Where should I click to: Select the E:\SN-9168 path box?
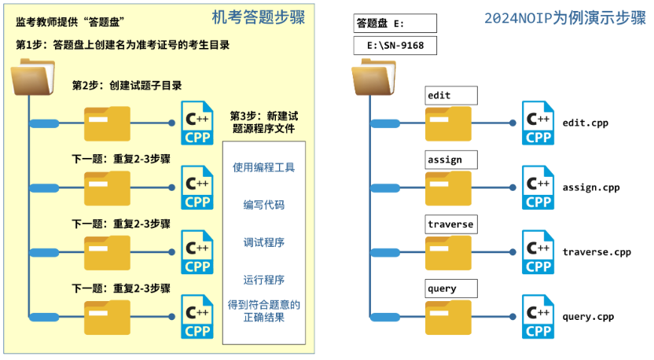[395, 46]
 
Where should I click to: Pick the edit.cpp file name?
[586, 123]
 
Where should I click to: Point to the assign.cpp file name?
[591, 188]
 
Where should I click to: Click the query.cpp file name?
[588, 317]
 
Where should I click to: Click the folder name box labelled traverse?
[450, 224]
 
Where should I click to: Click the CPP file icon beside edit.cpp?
[538, 123]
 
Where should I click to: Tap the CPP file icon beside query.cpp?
[538, 317]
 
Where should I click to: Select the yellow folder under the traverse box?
[448, 252]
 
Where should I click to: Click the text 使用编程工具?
[264, 167]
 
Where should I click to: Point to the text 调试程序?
[264, 242]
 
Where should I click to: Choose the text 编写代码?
[264, 205]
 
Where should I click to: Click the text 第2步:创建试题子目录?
[127, 86]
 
